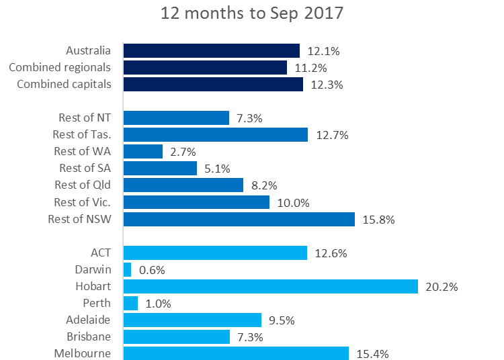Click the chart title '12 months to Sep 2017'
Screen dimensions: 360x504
pyautogui.click(x=251, y=14)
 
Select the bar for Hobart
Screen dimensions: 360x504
pyautogui.click(x=271, y=286)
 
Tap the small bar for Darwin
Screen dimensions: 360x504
pyautogui.click(x=128, y=269)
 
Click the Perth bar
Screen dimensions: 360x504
pyautogui.click(x=131, y=303)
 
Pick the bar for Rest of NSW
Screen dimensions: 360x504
pyautogui.click(x=239, y=219)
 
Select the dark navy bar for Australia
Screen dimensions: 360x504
pyautogui.click(x=212, y=51)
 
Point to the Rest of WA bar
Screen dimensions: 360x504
pyautogui.click(x=143, y=151)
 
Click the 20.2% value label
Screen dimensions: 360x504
pyautogui.click(x=442, y=287)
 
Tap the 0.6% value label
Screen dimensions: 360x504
pyautogui.click(x=152, y=270)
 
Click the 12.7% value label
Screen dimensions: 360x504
pyautogui.click(x=331, y=135)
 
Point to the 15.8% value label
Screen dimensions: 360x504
pyautogui.click(x=378, y=220)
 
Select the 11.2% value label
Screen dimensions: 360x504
pyautogui.click(x=310, y=68)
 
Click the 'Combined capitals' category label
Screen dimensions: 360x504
pyautogui.click(x=64, y=85)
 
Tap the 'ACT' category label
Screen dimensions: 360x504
pyautogui.click(x=101, y=253)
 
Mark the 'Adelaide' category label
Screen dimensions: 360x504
pyautogui.click(x=88, y=320)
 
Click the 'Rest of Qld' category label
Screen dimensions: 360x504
pyautogui.click(x=83, y=185)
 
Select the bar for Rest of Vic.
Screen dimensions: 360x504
pyautogui.click(x=196, y=202)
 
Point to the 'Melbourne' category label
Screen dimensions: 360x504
pyautogui.click(x=83, y=353)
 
